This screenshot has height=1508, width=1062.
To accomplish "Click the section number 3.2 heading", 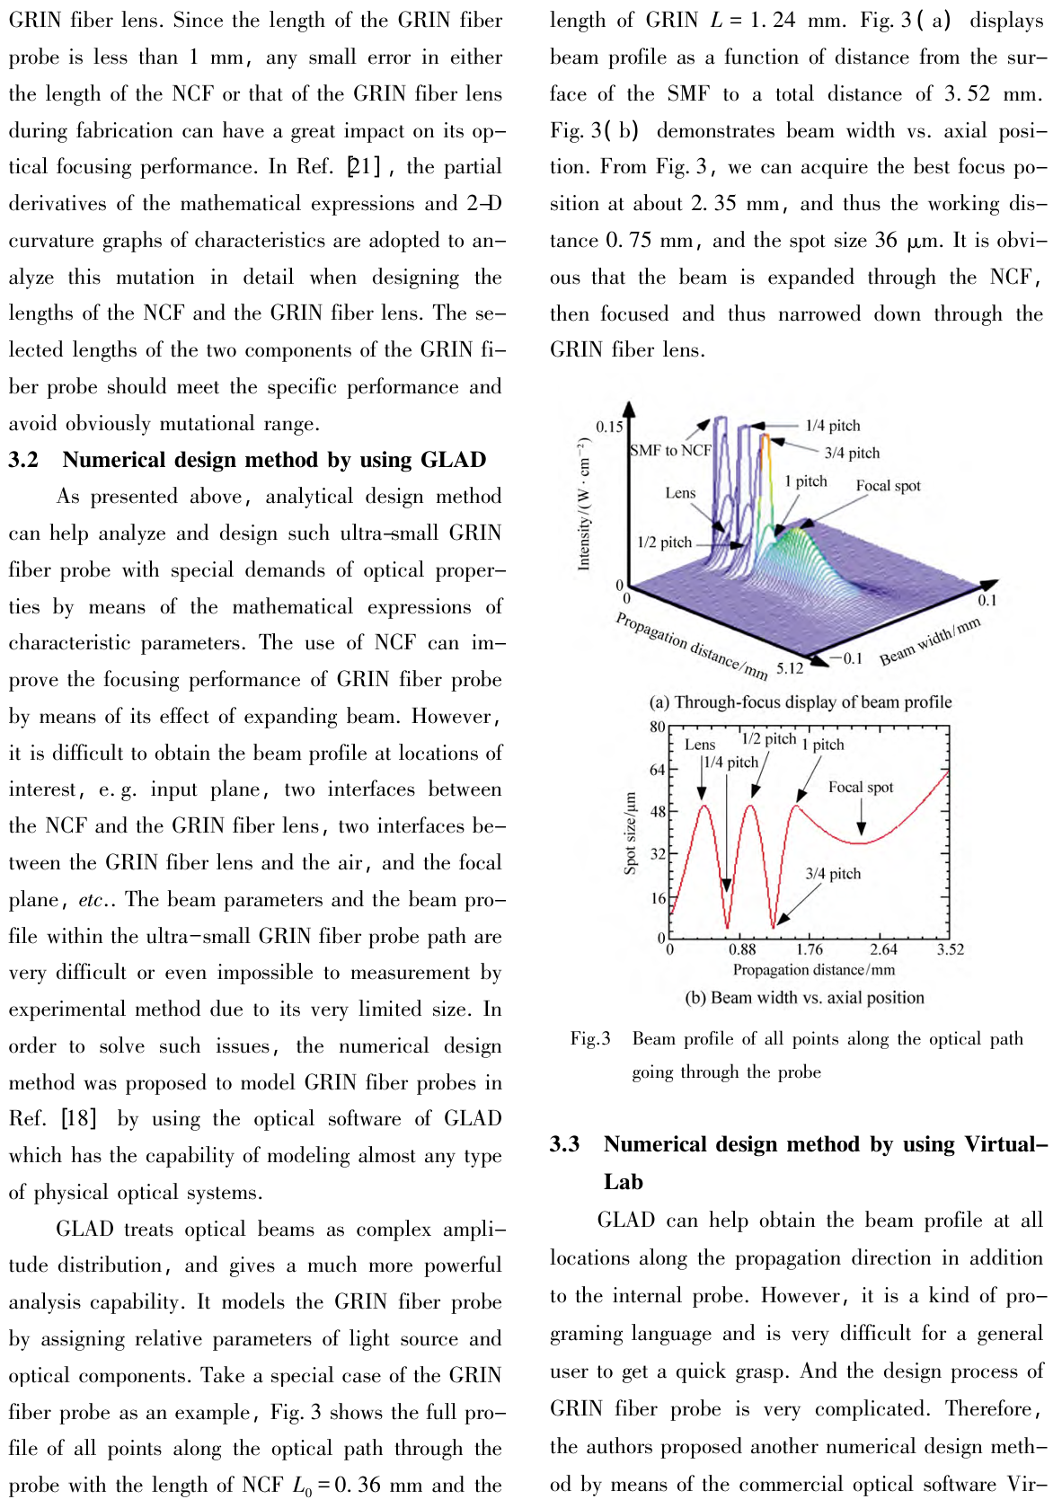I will coord(24,461).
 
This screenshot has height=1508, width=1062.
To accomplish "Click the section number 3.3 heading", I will coord(565,1144).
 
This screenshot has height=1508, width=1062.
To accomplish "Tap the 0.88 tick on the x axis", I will coord(742,949).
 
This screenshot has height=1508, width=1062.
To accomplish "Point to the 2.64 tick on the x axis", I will coord(883,949).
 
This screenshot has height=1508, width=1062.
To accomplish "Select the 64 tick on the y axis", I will coord(658,770).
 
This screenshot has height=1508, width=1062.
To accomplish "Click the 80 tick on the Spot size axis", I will coord(658,727).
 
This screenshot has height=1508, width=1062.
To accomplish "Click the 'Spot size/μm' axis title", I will coord(631,833).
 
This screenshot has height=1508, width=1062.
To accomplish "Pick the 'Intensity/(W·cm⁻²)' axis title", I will coord(585,504).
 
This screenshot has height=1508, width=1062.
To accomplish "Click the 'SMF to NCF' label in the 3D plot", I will coord(670,451).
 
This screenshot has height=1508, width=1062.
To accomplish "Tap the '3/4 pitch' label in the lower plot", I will coord(833,873).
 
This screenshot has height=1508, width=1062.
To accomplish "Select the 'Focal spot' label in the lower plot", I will coord(861,788).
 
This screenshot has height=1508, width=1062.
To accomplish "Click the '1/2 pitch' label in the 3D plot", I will coord(664,542).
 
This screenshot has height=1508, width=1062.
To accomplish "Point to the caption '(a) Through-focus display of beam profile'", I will coord(801,702).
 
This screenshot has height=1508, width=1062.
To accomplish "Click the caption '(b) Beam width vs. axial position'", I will coord(804,998).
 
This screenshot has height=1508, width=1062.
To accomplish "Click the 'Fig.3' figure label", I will coord(590,1039).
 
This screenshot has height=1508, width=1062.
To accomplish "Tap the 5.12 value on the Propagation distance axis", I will coord(790,668).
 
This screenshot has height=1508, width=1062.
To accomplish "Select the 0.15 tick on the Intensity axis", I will coord(609,427).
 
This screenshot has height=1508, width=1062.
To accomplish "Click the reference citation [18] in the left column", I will coord(78,1119).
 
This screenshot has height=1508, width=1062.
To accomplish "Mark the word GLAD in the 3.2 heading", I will coord(452,461).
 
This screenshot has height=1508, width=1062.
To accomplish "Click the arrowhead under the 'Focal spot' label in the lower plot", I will coord(862,833).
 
